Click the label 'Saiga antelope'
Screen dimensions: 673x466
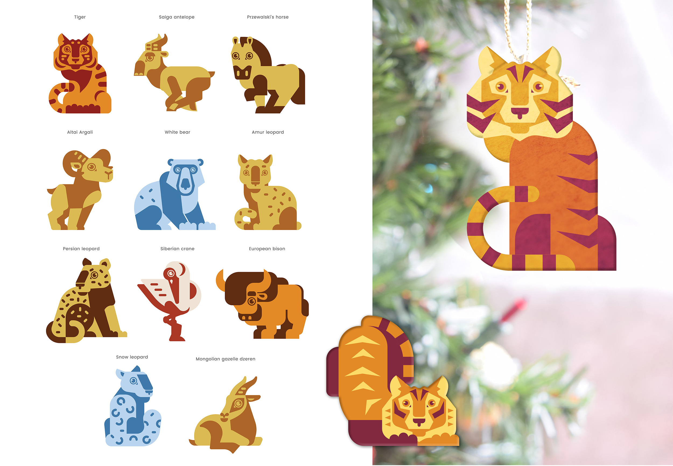coord(177,17)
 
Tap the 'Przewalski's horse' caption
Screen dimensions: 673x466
coord(268,17)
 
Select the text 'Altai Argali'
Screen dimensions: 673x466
coord(80,132)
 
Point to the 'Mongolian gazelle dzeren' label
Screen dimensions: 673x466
coord(225,359)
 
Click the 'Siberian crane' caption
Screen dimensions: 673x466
coord(177,249)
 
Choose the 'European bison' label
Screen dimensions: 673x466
coord(267,249)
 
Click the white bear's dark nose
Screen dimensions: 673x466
coord(185,183)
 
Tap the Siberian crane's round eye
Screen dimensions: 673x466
coord(171,273)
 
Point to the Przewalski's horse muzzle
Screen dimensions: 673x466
coord(242,72)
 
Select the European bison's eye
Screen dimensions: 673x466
coord(251,301)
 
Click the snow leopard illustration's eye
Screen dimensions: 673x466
coord(133,381)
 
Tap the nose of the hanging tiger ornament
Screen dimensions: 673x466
coord(520,111)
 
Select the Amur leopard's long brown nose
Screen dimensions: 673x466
coord(255,175)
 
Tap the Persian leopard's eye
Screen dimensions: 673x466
coord(94,275)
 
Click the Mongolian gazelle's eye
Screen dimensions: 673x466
coord(238,404)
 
